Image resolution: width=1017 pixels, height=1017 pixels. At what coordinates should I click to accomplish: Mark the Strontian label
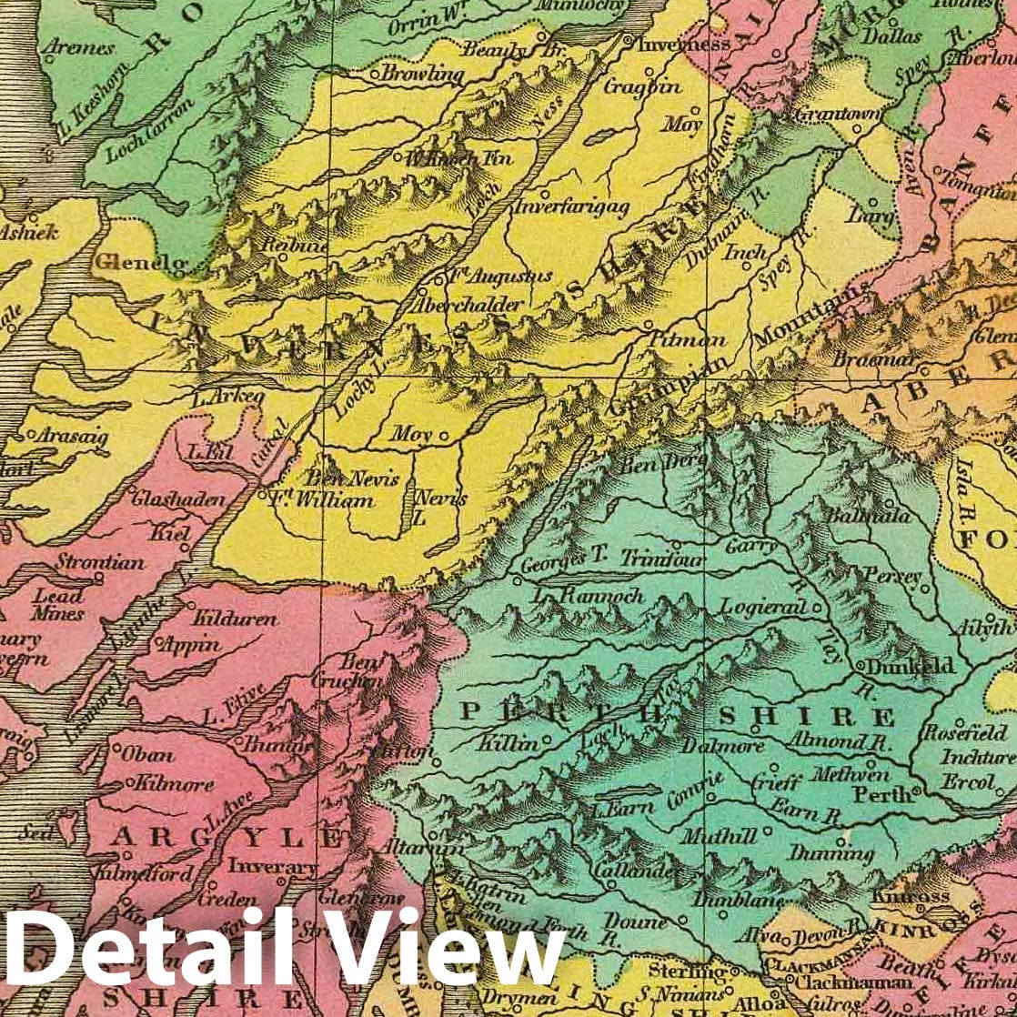pos(100,562)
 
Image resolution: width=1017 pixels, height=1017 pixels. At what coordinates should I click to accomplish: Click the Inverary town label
pos(271,867)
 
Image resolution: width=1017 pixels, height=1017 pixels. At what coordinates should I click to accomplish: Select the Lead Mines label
pos(58,605)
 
